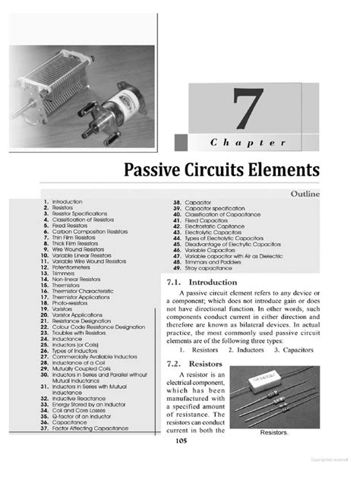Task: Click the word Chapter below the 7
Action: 248,143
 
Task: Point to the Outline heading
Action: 305,194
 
